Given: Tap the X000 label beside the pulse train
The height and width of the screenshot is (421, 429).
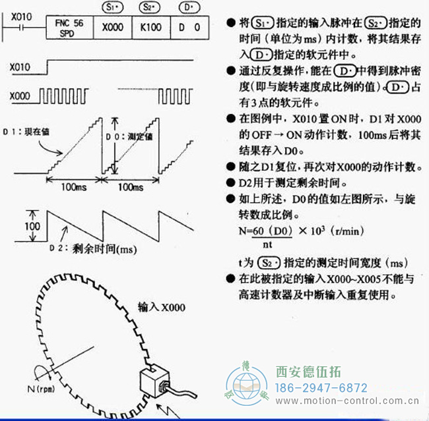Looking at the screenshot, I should click(x=22, y=96).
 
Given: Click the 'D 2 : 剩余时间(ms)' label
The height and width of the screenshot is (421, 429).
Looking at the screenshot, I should click(x=103, y=249).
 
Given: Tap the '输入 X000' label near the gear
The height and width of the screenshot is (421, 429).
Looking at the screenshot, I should click(x=162, y=307).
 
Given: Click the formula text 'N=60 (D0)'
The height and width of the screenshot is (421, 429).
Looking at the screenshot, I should click(x=264, y=232).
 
